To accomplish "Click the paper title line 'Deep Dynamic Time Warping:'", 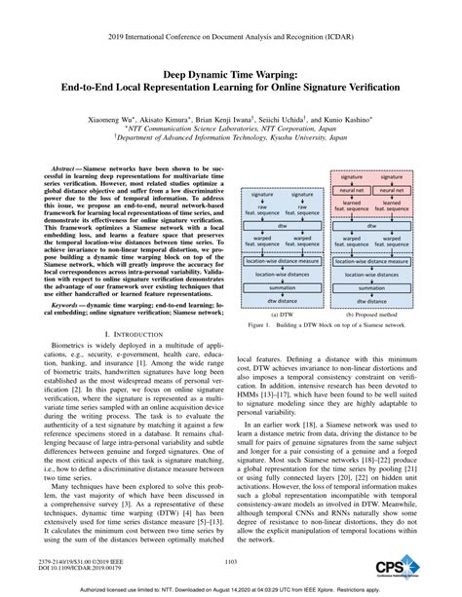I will [x=230, y=72].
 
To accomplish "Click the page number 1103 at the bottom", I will [x=230, y=560].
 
